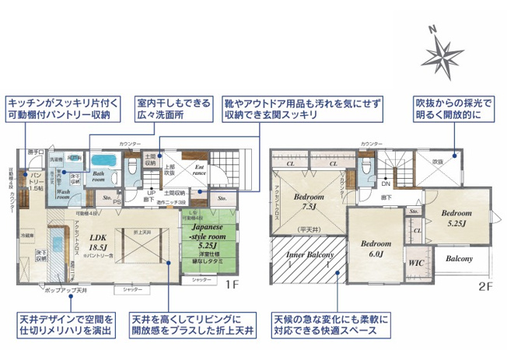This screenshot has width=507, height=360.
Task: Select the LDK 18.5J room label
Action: pyautogui.click(x=98, y=243)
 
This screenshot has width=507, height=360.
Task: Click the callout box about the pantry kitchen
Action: pyautogui.click(x=61, y=108)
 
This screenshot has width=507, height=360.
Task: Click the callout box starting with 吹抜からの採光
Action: pyautogui.click(x=456, y=108)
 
